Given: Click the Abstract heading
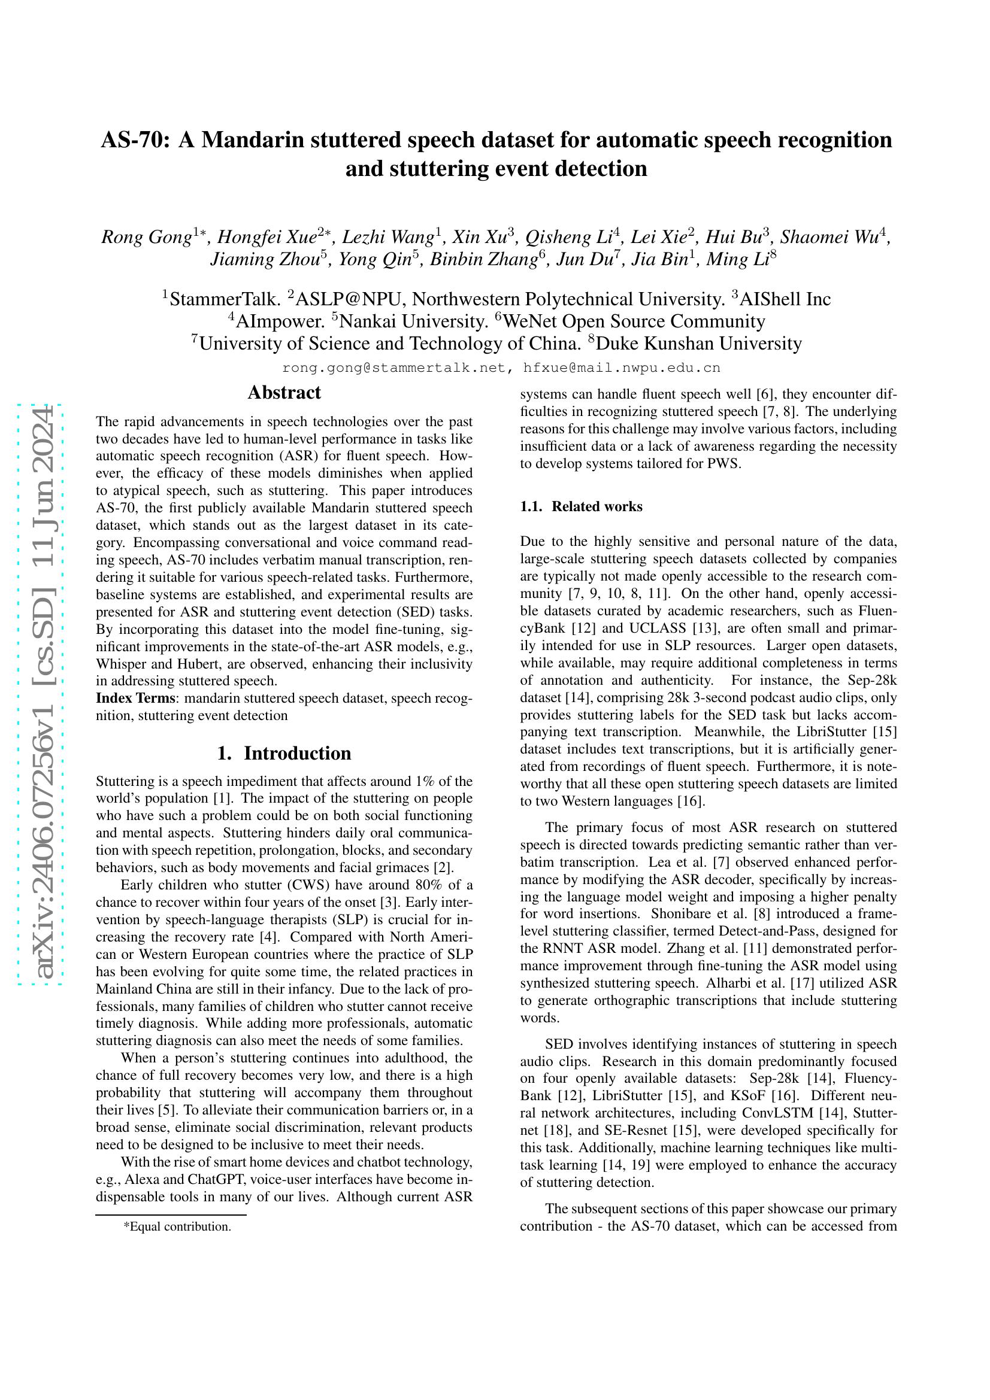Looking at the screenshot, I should (284, 392).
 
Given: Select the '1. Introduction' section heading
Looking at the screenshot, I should (284, 753).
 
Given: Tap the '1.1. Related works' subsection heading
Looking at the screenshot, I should (581, 506).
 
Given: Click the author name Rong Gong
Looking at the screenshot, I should (146, 236).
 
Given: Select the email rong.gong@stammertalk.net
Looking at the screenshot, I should (393, 368).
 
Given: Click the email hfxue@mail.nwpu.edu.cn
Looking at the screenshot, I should (622, 368).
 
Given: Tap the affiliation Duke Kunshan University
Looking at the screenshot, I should (698, 344).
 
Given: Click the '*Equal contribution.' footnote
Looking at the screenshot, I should (177, 1226).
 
